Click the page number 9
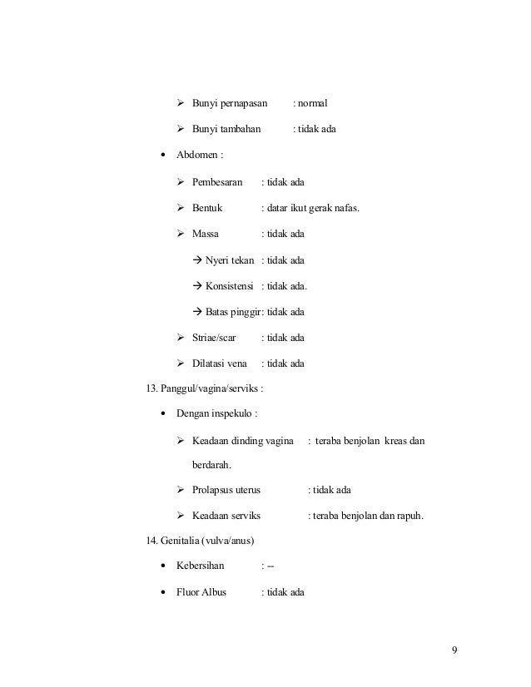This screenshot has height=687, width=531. pyautogui.click(x=454, y=650)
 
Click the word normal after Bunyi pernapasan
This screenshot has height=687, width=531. pyautogui.click(x=313, y=104)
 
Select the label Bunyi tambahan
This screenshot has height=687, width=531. pyautogui.click(x=226, y=130)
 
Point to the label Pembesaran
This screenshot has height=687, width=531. pyautogui.click(x=217, y=181)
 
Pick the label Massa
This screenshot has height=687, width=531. pyautogui.click(x=206, y=234)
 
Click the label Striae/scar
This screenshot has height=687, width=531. pyautogui.click(x=214, y=338)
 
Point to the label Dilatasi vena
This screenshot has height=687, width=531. pyautogui.click(x=220, y=363)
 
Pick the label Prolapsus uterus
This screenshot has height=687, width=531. pyautogui.click(x=226, y=490)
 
